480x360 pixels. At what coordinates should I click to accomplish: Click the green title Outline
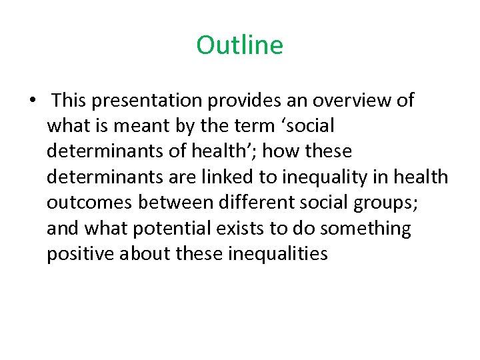(x=239, y=45)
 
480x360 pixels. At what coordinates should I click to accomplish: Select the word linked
(x=226, y=177)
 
